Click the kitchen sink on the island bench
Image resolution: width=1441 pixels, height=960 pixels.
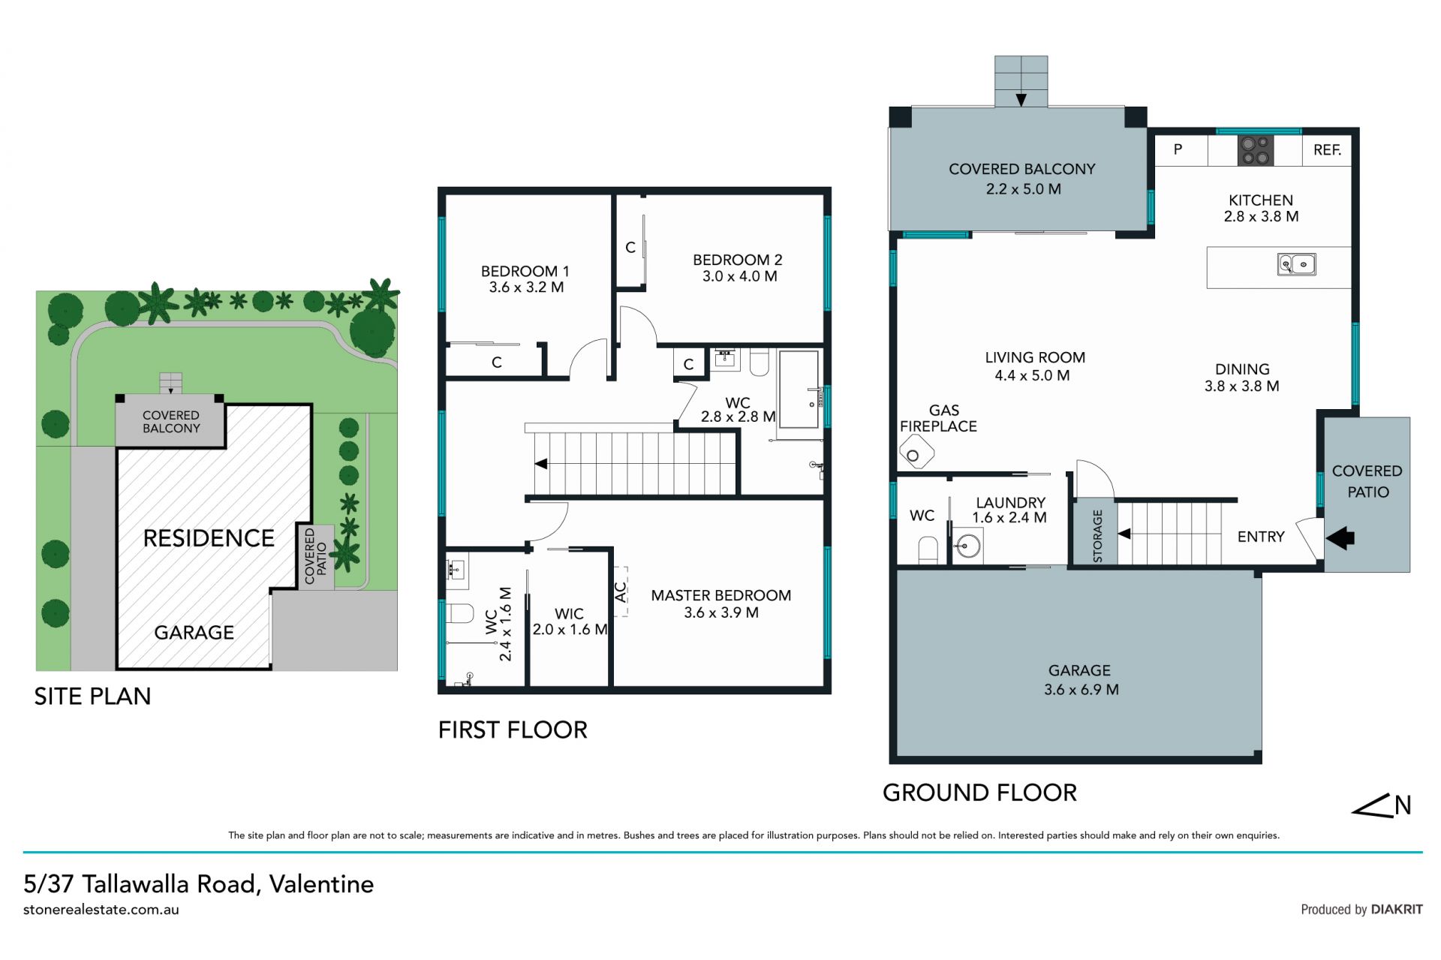point(1296,264)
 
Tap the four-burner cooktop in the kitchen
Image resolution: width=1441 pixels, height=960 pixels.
point(1256,150)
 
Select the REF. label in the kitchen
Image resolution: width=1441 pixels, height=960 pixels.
point(1327,150)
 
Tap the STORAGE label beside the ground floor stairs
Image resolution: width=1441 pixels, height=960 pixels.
point(1097,536)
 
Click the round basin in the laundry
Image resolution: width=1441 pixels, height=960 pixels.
point(968,546)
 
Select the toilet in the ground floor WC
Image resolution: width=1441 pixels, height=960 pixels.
point(928,549)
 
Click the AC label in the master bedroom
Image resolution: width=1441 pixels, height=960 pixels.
point(621,592)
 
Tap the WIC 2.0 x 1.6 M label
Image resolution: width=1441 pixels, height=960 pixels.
point(570,621)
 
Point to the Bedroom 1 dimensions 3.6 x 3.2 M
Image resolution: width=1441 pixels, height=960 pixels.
point(526,287)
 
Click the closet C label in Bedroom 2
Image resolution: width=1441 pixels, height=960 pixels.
point(630,247)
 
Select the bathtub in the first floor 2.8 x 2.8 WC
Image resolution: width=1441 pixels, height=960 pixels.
point(799,389)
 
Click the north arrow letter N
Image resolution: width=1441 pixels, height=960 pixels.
point(1403,805)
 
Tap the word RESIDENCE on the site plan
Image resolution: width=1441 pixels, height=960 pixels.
point(209,538)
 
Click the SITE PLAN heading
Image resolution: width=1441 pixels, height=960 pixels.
point(92,697)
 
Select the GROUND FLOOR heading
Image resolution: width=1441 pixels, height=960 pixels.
point(979,793)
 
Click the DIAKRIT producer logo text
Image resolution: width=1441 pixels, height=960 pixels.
point(1397,909)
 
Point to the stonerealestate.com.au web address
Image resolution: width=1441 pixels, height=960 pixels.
point(101,910)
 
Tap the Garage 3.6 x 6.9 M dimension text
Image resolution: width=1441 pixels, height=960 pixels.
point(1081,690)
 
